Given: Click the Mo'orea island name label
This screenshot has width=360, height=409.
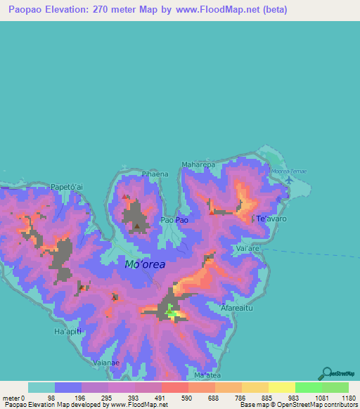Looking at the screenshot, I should click(x=146, y=265).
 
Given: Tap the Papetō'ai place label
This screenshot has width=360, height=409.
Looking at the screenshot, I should click(x=68, y=187).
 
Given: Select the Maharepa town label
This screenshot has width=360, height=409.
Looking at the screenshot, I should click(x=198, y=165).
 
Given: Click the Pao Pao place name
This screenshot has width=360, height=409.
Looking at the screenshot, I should click(x=175, y=220).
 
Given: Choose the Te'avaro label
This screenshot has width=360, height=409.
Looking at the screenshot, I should click(x=271, y=219).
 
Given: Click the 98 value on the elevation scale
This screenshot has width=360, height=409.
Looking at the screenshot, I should click(x=51, y=398).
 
